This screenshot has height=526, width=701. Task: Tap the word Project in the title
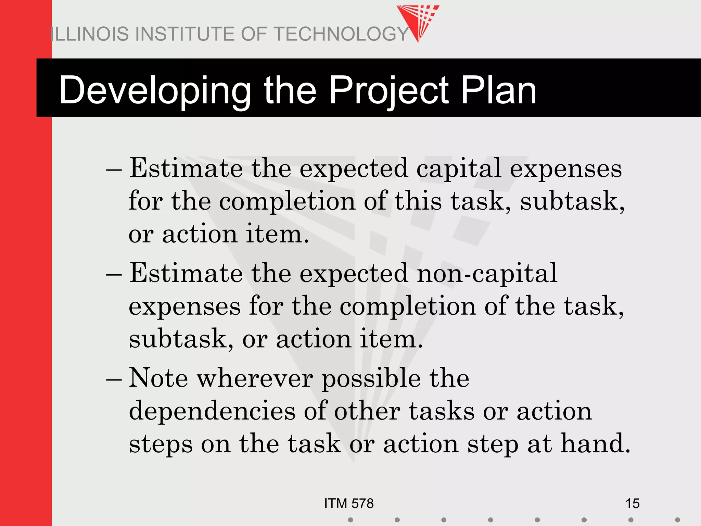point(388,90)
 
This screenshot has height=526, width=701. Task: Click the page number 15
point(632,503)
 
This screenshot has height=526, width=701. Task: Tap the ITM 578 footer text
point(349,503)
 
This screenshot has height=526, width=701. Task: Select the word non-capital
point(487,273)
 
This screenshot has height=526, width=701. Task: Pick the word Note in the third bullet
point(158,378)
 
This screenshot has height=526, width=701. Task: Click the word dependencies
point(212,411)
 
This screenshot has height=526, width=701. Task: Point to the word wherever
point(255,378)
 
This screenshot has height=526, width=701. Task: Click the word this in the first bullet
point(418,201)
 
